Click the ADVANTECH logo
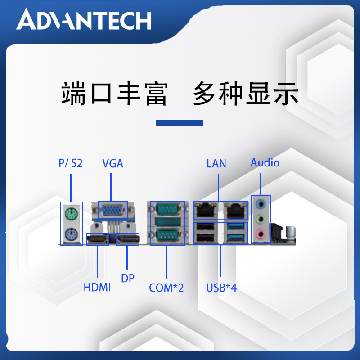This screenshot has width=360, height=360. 84,19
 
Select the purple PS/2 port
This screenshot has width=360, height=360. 71,234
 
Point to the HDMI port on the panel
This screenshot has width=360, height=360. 98,239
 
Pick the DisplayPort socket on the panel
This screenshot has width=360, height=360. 128,239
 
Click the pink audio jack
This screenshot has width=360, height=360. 261,234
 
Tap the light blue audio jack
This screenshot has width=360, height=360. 261,203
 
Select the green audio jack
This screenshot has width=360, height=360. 261,219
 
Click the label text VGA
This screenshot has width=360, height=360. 113,163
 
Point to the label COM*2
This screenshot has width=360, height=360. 166,288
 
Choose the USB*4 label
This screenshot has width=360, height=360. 221,288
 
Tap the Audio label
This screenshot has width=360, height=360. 265,163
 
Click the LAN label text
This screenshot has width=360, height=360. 216,163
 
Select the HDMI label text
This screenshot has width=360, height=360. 97,287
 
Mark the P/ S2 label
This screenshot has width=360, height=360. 71,163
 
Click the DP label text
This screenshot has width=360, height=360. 128,278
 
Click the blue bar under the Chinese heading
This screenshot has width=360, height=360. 180,123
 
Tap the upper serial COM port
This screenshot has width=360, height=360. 167,209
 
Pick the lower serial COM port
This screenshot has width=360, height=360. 167,236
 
